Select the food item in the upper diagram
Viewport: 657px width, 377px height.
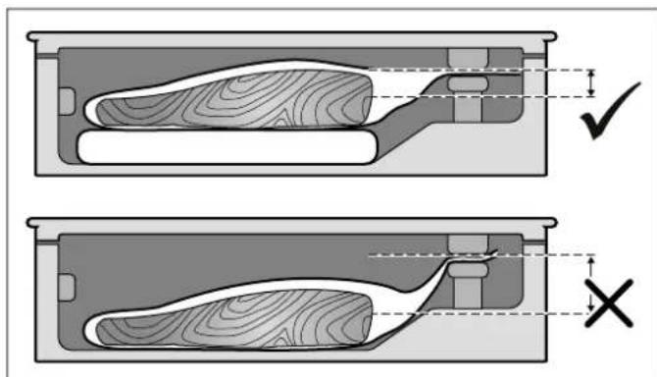coord(235,99)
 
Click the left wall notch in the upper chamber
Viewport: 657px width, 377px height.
coord(67,101)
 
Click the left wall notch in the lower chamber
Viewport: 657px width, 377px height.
coord(67,288)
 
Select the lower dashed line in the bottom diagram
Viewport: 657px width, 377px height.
coord(490,313)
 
